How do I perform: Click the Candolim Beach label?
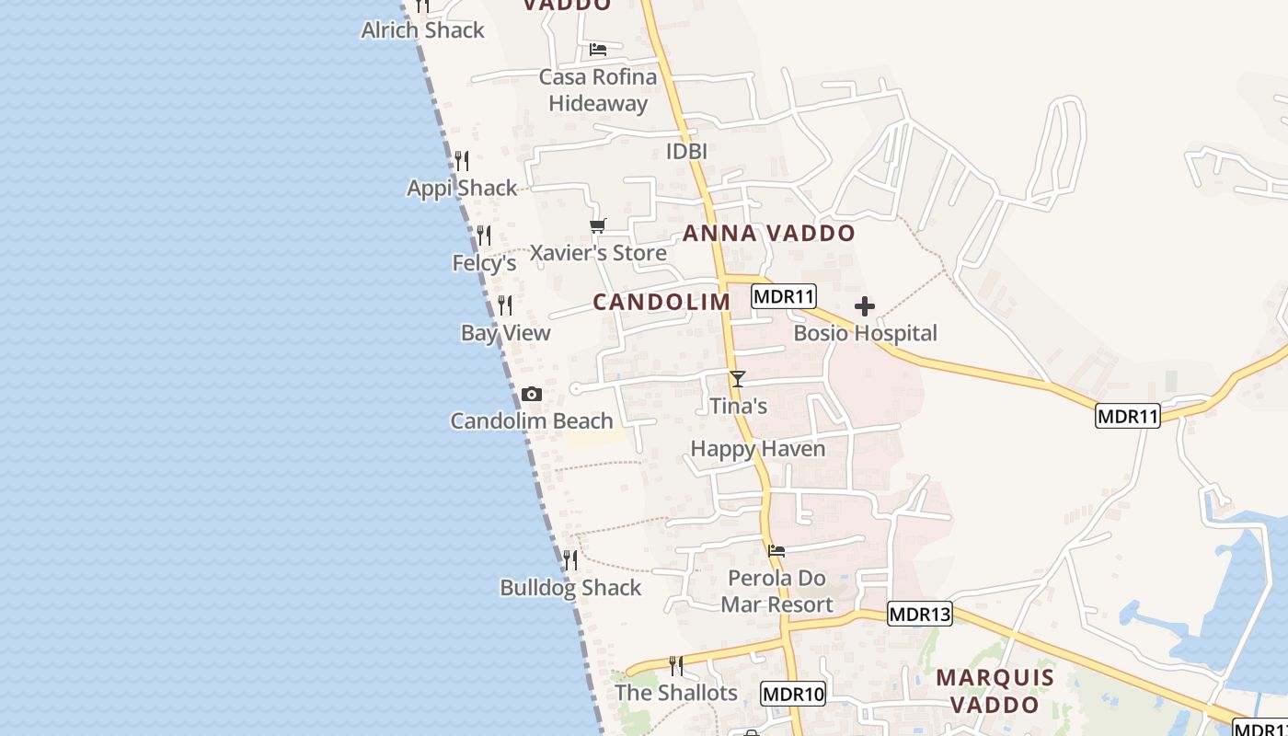[x=531, y=421]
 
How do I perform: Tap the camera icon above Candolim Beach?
[x=531, y=395]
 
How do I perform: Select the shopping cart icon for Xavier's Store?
[x=598, y=225]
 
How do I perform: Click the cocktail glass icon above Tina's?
[x=737, y=379]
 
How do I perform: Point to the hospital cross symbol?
[x=865, y=306]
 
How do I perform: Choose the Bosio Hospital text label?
[x=865, y=333]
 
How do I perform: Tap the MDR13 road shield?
[x=919, y=614]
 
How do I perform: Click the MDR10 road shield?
[x=793, y=694]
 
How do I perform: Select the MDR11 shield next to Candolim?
[x=784, y=296]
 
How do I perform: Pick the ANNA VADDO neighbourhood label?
[x=768, y=234]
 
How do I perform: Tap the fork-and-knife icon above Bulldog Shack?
[x=570, y=559]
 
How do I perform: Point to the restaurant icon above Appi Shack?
[x=462, y=161]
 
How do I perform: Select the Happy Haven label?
[x=758, y=449]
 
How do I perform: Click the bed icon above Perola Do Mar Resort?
[x=776, y=551]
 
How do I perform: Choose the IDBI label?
[x=686, y=152]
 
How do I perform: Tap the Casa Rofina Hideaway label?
[x=598, y=90]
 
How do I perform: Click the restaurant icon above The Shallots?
[x=676, y=665]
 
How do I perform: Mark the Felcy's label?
[x=484, y=264]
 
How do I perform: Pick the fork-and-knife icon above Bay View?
[x=505, y=305]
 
